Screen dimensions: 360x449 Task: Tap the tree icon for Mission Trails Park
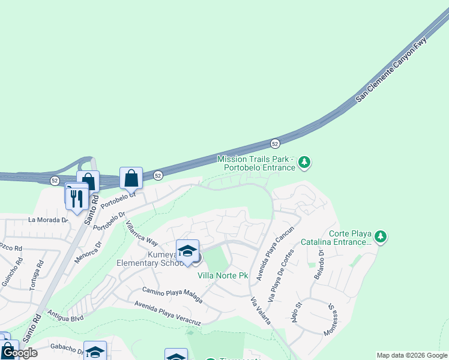coord(305,161)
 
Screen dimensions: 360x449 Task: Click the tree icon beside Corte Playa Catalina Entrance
coord(381,236)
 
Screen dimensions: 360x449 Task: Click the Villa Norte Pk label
coord(223,275)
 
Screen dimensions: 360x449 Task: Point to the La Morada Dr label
coord(48,220)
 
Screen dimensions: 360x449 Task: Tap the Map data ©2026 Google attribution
coord(412,355)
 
